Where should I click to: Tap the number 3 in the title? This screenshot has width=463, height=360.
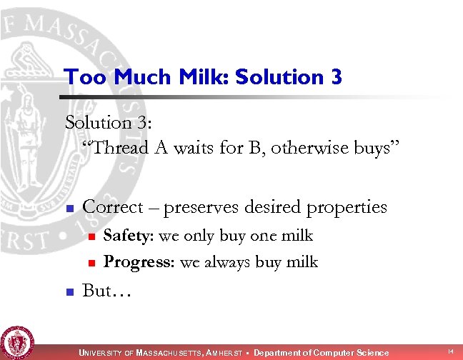click(x=336, y=76)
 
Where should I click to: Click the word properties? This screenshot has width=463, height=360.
click(x=346, y=207)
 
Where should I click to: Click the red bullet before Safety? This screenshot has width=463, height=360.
click(x=90, y=236)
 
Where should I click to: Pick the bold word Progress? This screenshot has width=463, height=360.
click(x=139, y=262)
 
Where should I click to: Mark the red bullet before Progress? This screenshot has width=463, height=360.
click(x=90, y=263)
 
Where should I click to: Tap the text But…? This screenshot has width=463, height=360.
click(x=104, y=291)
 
